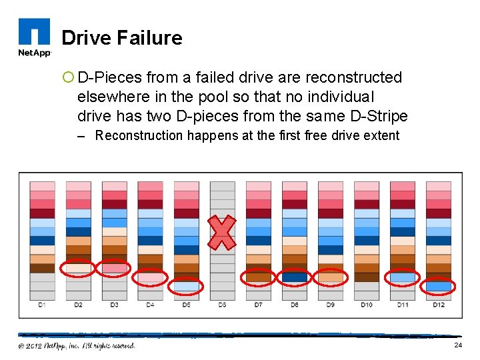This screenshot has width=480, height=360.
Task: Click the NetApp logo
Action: pyautogui.click(x=33, y=37)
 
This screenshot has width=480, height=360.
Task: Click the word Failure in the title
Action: pyautogui.click(x=151, y=38)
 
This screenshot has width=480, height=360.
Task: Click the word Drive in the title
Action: pyautogui.click(x=87, y=38)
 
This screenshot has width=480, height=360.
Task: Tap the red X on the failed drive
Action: pyautogui.click(x=223, y=233)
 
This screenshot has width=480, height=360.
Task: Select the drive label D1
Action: pyautogui.click(x=42, y=305)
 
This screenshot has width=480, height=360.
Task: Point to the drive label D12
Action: pyautogui.click(x=438, y=305)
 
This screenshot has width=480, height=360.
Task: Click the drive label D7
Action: pyautogui.click(x=258, y=305)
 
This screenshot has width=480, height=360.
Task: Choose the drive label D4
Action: pyautogui.click(x=150, y=305)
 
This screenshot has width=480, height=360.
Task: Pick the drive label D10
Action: pyautogui.click(x=366, y=305)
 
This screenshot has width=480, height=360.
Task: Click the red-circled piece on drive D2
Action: pyautogui.click(x=78, y=268)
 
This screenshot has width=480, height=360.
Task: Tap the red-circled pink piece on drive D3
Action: pyautogui.click(x=114, y=268)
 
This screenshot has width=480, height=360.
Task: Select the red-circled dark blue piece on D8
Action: pyautogui.click(x=294, y=277)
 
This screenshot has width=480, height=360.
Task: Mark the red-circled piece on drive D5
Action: pyautogui.click(x=186, y=286)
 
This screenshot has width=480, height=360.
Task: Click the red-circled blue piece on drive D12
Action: pyautogui.click(x=438, y=286)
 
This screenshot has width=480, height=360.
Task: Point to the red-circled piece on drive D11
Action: pyautogui.click(x=402, y=277)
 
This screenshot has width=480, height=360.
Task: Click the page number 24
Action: pyautogui.click(x=458, y=345)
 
